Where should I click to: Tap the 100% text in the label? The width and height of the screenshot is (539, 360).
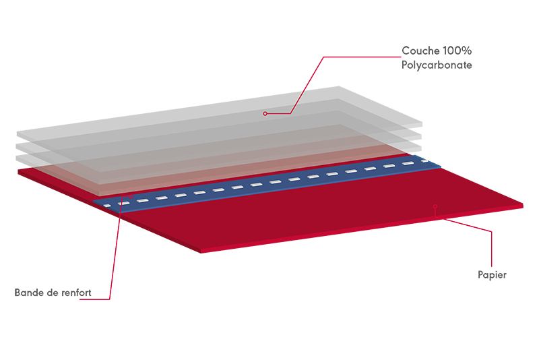[457, 51]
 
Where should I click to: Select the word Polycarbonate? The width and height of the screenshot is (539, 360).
[437, 65]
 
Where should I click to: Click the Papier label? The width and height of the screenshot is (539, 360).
[492, 275]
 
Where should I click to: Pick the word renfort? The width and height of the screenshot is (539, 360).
[77, 293]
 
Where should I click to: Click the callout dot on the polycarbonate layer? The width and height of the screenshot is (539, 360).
[265, 113]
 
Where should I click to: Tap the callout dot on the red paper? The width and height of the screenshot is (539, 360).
[435, 206]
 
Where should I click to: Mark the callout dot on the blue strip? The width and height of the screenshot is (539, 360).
[131, 197]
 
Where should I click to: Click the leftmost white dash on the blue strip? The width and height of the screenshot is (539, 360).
[107, 206]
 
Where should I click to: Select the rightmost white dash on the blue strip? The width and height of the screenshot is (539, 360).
[425, 161]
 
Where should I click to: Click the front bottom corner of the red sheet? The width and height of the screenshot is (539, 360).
[201, 253]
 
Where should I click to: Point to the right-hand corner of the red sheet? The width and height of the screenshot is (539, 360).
[523, 205]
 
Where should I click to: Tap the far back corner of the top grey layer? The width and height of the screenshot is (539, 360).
[340, 86]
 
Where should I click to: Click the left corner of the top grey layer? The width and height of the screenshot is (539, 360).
[18, 131]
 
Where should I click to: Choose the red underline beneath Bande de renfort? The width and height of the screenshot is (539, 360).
[94, 299]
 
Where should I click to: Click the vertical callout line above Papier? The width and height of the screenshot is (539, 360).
[492, 249]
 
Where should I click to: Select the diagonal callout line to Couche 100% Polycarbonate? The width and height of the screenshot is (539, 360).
[307, 85]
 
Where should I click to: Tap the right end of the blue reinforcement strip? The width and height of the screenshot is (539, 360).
[441, 167]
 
